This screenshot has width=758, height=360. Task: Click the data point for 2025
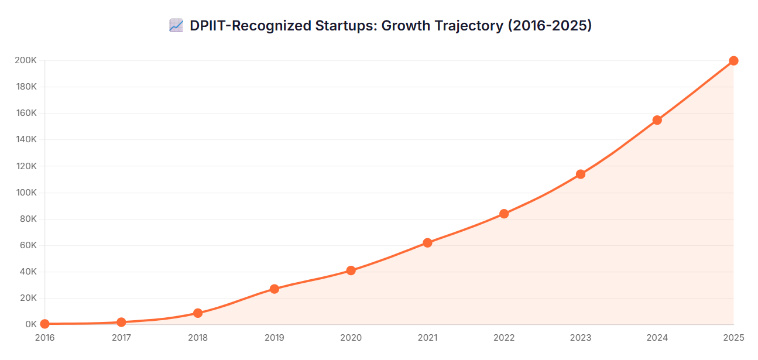[733, 61]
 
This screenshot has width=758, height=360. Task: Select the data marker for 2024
[657, 120]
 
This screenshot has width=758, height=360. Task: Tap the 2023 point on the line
[581, 174]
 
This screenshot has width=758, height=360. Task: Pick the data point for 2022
[504, 214]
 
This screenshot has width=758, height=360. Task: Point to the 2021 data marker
[427, 242]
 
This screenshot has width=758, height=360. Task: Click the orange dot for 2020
[351, 270]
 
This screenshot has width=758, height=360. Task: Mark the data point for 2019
[275, 289]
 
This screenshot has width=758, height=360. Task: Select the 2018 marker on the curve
[198, 313]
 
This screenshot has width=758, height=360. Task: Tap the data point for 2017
[121, 322]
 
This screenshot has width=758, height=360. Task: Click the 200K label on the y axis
[26, 61]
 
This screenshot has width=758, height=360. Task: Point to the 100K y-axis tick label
[26, 193]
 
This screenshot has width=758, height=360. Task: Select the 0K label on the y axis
[30, 324]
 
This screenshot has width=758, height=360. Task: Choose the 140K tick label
[26, 140]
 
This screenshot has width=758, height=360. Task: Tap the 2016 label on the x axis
[44, 338]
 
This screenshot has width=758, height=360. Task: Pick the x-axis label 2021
[427, 338]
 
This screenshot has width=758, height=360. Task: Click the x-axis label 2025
[733, 338]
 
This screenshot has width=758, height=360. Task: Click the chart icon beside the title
[176, 26]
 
